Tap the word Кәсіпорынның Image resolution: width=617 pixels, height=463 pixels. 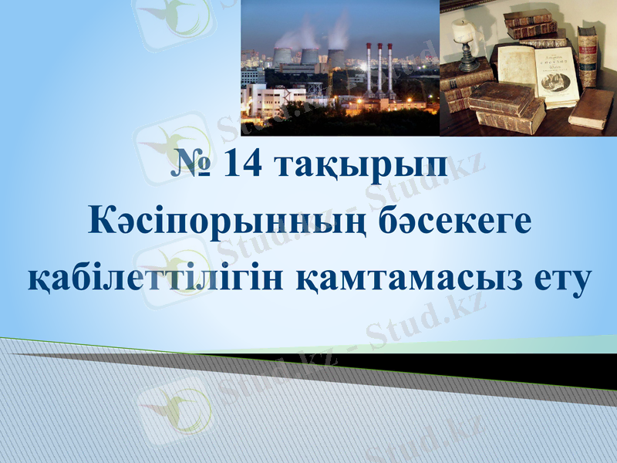[x=225, y=224]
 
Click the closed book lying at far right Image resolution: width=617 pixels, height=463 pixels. [x=592, y=108]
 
